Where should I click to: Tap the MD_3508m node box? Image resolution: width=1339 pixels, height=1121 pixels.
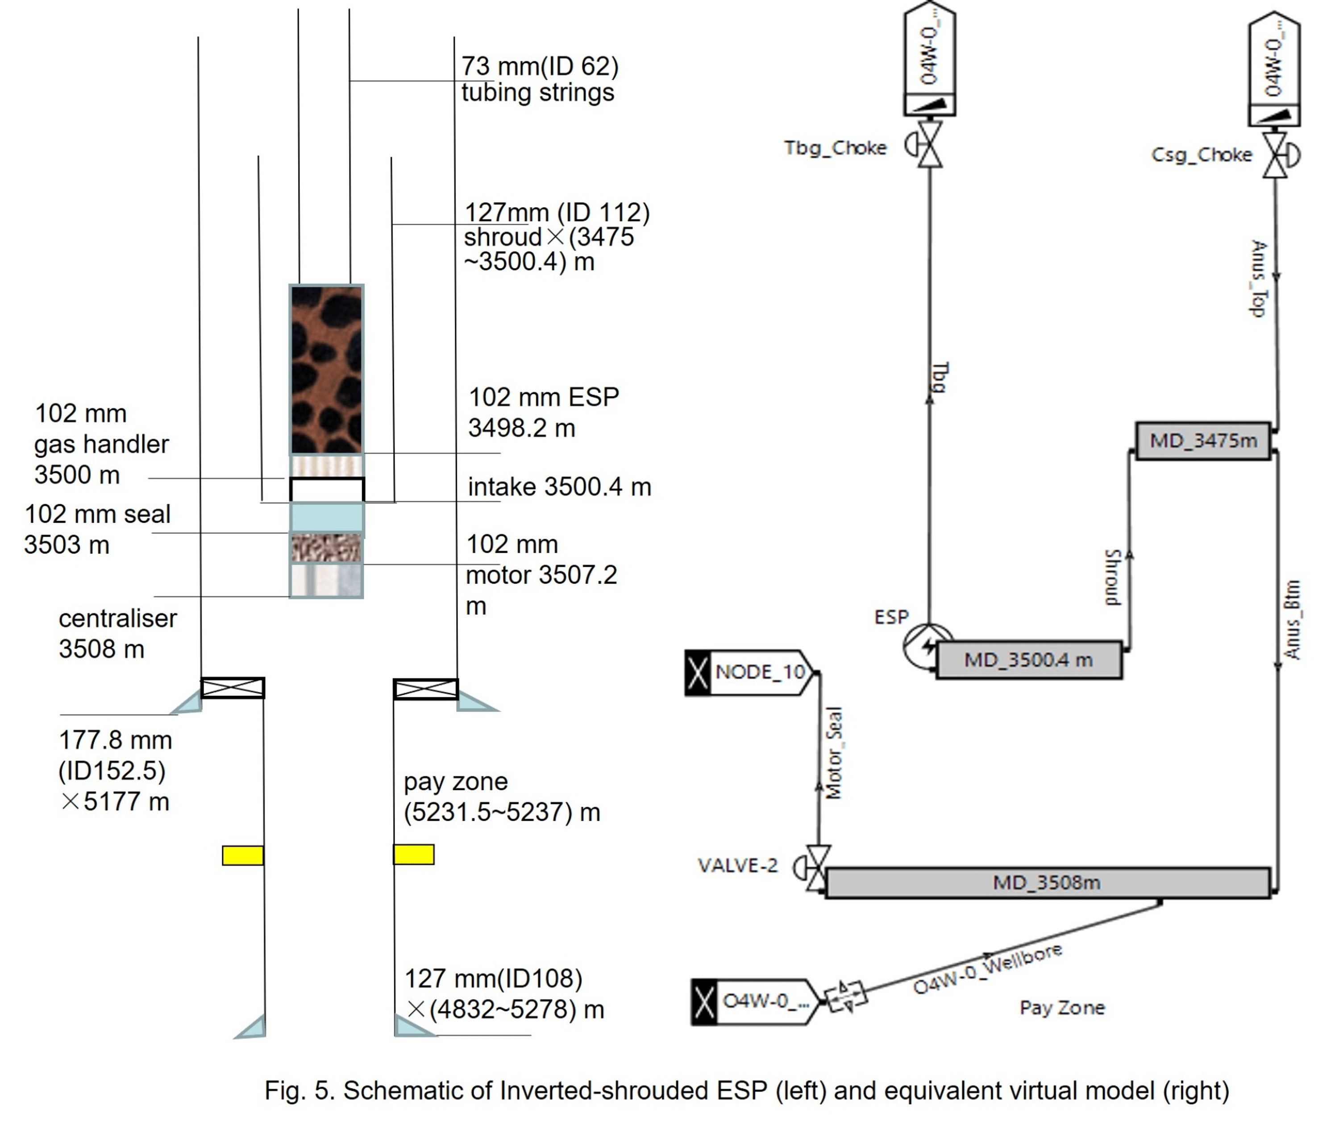click(1047, 883)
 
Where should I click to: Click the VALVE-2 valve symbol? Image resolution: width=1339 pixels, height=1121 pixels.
click(817, 867)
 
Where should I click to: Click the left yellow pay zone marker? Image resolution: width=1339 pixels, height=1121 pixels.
click(242, 855)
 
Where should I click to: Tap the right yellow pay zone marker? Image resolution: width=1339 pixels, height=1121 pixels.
click(413, 854)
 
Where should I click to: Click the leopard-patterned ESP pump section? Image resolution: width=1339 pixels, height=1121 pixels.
click(326, 370)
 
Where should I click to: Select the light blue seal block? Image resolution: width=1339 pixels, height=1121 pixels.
click(326, 517)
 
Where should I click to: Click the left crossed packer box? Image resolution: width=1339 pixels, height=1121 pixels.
click(232, 688)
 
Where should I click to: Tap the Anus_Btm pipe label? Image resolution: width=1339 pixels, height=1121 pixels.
click(1292, 620)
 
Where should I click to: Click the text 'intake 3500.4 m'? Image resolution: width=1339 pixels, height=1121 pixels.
click(559, 487)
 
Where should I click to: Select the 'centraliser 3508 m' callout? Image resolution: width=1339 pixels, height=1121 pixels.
click(117, 633)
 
